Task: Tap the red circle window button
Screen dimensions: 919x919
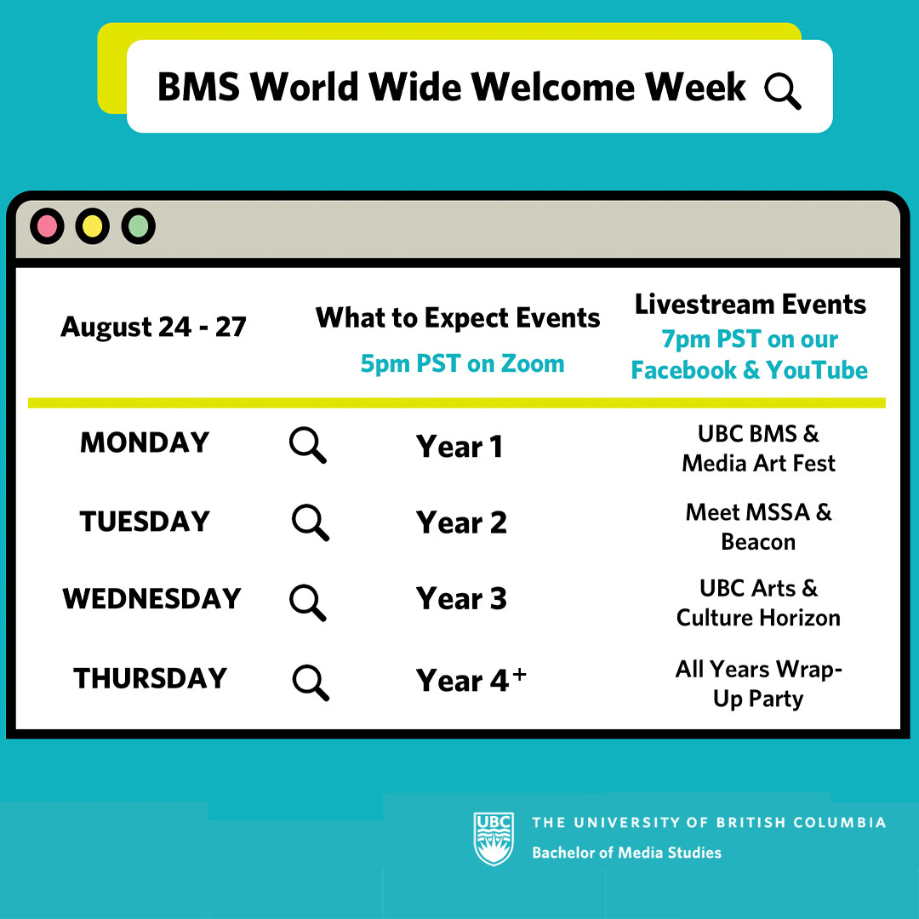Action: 47,225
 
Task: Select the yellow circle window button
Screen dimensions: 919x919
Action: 93,225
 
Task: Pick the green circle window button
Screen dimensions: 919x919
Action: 139,225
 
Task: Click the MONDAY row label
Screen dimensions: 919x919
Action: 145,442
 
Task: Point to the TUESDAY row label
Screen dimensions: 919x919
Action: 145,521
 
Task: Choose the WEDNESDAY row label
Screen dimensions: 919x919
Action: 151,598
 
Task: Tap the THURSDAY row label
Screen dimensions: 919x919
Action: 150,678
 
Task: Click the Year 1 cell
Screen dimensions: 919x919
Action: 459,447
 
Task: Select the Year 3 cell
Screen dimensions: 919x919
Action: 461,598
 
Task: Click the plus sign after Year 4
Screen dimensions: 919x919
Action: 519,674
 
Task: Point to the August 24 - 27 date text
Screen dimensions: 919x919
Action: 153,327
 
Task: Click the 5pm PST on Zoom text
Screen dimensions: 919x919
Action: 462,363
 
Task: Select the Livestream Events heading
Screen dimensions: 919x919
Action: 751,304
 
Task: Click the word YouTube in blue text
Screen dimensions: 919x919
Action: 817,370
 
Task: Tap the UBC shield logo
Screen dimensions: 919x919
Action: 494,839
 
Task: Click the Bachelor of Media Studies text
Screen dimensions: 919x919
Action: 626,852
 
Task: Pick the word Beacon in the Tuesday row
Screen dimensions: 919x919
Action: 758,542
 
